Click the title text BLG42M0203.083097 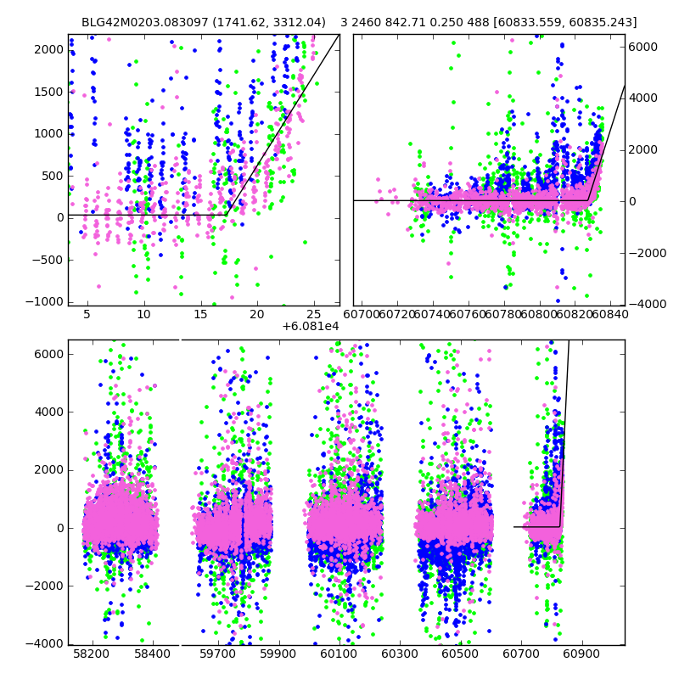point(142,22)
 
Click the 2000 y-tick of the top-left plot point(48,49)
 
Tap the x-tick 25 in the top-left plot point(313,315)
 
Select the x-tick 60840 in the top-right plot point(615,315)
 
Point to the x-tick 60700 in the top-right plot point(367,315)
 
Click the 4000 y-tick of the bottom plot point(48,412)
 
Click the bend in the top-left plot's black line point(227,215)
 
